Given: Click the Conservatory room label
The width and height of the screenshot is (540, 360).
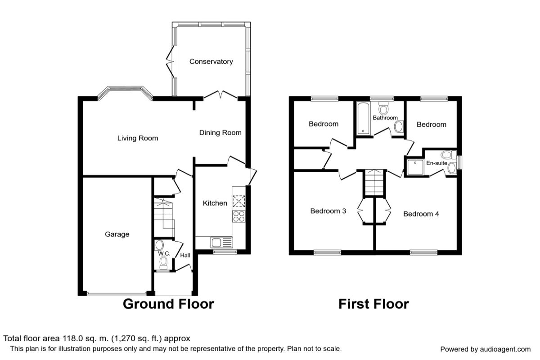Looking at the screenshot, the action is pos(211,62).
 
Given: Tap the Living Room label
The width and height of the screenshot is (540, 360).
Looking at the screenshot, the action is pos(138,138).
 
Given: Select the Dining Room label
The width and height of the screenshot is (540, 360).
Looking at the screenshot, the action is pos(220,133).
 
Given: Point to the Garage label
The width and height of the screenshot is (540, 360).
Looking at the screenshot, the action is pos(117,234).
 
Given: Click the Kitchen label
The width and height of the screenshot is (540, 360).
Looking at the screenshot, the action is pos(215,203).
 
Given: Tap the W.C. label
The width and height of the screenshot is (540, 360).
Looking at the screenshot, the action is pos(164,254).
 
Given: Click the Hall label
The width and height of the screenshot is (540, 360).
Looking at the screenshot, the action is pos(185,255).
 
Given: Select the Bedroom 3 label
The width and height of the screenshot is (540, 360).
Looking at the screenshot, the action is pos(328,211).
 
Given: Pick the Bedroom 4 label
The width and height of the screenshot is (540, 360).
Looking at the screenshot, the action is pos(421,214).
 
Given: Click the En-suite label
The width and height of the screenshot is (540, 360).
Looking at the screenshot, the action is pos(437,163).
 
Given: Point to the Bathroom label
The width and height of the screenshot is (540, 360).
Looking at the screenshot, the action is pos(385,118).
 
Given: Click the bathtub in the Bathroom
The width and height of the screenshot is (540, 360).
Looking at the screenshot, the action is pos(363,118).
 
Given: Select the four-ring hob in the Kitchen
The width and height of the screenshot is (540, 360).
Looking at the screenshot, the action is pos(238,216).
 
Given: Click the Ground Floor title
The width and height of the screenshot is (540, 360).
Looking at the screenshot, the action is pos(168,304).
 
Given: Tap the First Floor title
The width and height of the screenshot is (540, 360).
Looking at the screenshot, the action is pos(373,304).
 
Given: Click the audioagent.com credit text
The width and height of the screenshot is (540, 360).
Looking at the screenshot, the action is pos(485,349).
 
